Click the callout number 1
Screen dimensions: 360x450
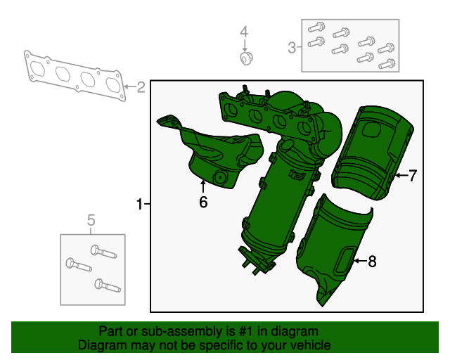coord(139,205)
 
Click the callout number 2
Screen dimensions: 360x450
coord(141,88)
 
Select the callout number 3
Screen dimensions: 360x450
coord(291,48)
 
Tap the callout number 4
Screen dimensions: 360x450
coord(244,32)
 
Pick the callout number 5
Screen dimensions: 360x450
coord(91,222)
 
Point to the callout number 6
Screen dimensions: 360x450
coord(203,202)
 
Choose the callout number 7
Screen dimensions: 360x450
coord(413,176)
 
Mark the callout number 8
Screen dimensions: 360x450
coord(372,262)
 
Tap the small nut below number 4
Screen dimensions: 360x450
coord(245,56)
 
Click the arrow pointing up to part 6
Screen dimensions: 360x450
coord(203,186)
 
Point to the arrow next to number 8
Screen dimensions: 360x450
coord(358,262)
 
